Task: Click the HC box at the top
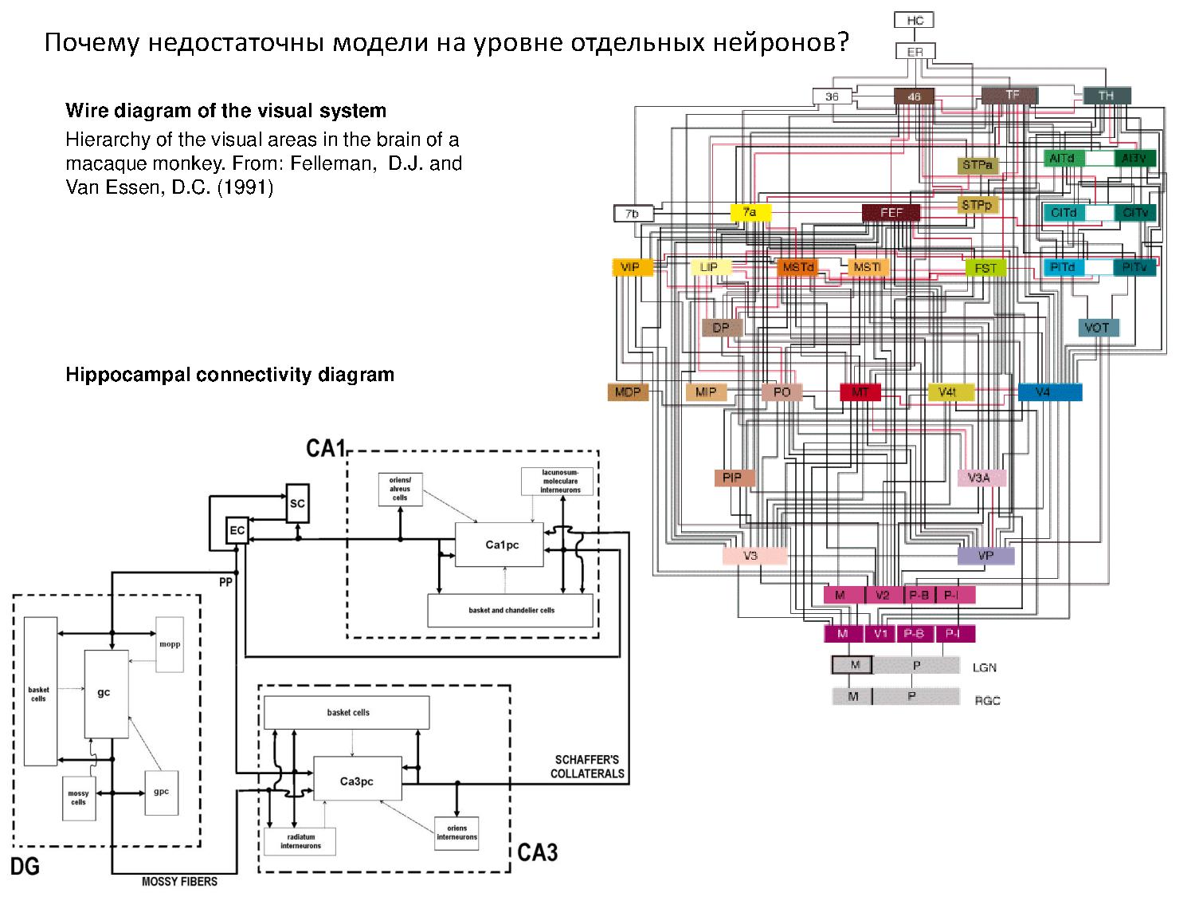(x=914, y=20)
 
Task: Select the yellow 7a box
(x=750, y=213)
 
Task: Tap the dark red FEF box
(x=891, y=213)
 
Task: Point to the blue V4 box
(x=1049, y=391)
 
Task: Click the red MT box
(x=860, y=392)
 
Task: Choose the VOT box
(x=1098, y=327)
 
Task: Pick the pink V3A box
(x=981, y=478)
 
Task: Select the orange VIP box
(x=632, y=267)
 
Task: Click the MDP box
(x=628, y=391)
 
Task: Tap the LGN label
(x=985, y=667)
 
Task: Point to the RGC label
(x=987, y=700)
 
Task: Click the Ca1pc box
(x=502, y=545)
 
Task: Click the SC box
(x=297, y=503)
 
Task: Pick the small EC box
(x=237, y=530)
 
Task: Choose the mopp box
(x=170, y=644)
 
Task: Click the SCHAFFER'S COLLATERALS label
(x=587, y=766)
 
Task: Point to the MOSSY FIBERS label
(x=179, y=881)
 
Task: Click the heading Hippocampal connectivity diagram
(x=229, y=374)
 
